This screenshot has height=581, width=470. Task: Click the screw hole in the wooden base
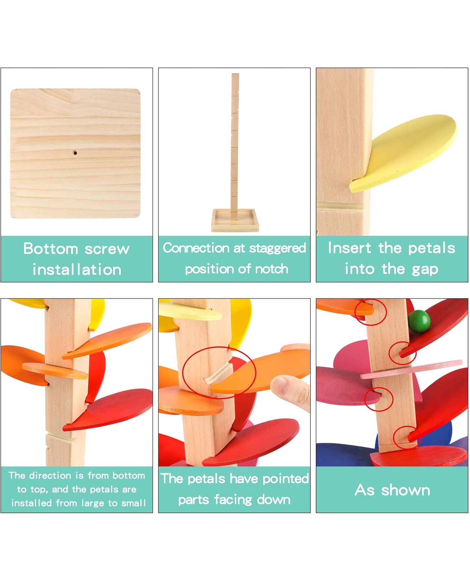75,153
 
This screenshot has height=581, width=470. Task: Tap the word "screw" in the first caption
107,249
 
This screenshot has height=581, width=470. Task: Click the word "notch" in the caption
271,269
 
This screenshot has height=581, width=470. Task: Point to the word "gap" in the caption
425,269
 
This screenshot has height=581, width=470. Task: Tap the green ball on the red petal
419,321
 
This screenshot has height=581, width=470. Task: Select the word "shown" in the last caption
405,490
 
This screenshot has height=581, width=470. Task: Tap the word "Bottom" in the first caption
51,248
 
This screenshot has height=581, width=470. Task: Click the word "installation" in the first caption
77,270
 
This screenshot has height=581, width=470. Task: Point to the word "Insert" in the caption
349,248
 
